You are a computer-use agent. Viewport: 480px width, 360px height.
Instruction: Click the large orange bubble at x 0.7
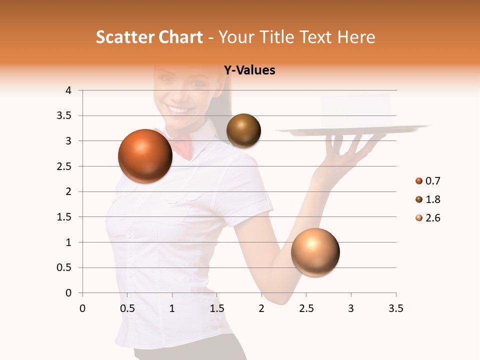pos(145,156)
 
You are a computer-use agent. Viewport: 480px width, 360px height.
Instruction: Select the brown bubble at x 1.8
pos(243,131)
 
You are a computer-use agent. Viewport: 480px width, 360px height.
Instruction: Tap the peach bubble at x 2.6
pos(315,252)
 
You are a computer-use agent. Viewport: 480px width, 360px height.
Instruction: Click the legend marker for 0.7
pos(419,181)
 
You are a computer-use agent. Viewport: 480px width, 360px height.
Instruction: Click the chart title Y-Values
pos(249,70)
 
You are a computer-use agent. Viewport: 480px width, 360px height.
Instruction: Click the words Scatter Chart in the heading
pos(149,37)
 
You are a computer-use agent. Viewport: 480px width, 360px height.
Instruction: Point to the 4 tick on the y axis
pos(69,90)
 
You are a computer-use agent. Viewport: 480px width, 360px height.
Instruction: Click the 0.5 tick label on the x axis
pos(127,308)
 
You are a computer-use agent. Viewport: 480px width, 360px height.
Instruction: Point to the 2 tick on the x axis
pos(261,308)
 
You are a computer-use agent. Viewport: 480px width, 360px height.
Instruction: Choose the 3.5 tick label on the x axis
pos(395,308)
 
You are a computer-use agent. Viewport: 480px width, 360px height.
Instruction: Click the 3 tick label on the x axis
pos(350,308)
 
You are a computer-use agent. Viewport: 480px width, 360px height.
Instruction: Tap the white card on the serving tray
pos(356,110)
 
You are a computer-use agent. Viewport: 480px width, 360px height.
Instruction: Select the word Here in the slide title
pos(356,37)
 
